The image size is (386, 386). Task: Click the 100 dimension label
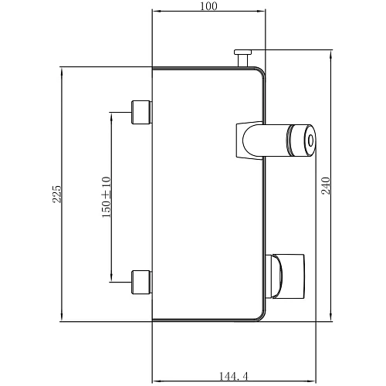point(208,6)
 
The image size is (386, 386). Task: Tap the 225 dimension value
point(57,194)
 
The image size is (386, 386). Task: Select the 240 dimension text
point(326,185)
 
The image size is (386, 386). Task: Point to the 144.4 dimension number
point(234,377)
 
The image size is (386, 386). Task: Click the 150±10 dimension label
point(107,197)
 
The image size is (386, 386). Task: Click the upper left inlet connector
point(141,112)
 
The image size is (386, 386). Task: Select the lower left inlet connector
point(141,282)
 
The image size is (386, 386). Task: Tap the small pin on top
point(242,58)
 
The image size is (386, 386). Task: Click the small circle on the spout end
point(311,141)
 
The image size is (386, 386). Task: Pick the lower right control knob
point(286,276)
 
